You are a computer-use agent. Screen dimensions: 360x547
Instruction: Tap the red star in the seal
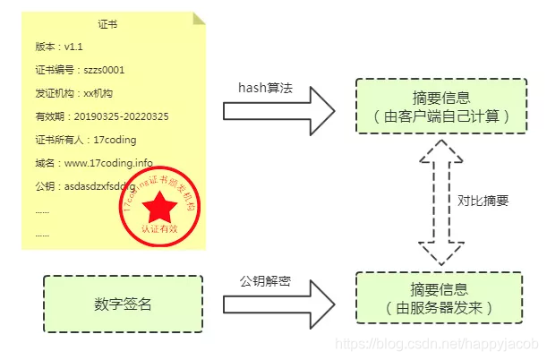tap(162, 208)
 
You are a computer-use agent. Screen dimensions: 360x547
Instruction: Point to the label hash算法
tap(265, 88)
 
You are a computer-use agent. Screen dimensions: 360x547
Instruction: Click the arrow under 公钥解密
tap(278, 303)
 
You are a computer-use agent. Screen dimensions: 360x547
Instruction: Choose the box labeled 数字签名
tap(124, 304)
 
